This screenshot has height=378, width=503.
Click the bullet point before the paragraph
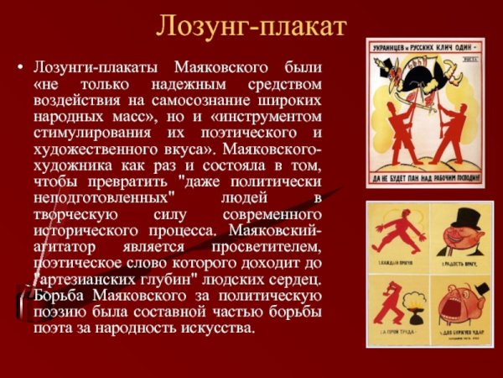pyautogui.click(x=20, y=66)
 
